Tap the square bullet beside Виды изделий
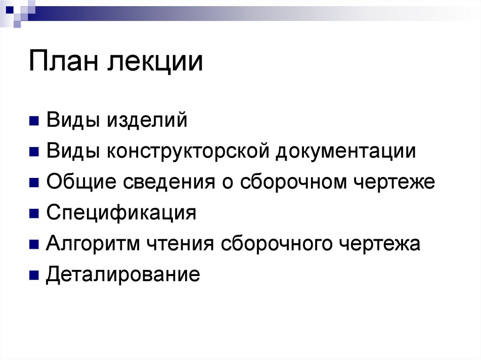[x=33, y=122]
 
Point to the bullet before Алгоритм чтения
[x=33, y=245]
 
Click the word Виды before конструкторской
[x=72, y=152]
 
